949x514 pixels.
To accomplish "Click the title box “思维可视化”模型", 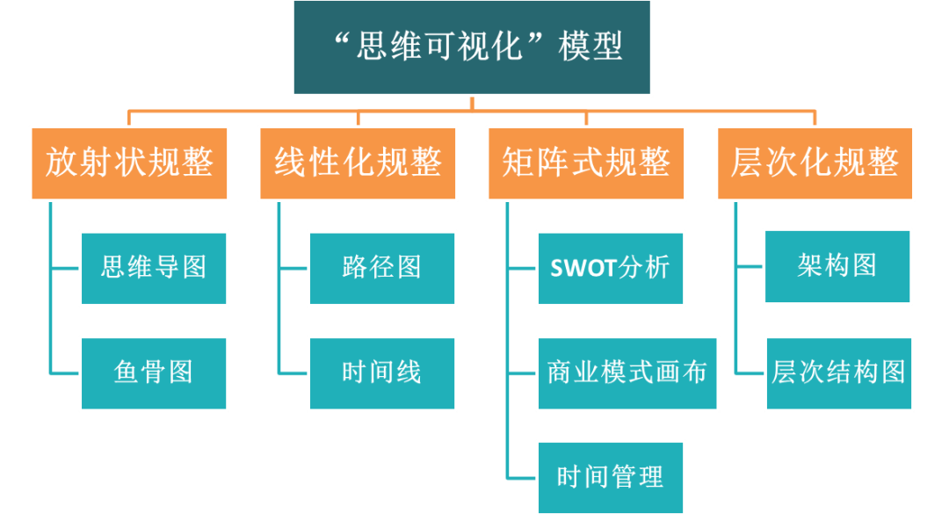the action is (472, 47).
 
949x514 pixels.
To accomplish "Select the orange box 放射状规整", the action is (129, 163).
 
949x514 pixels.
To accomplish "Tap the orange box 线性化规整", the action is (358, 163).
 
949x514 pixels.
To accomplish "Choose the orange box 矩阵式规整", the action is (586, 163).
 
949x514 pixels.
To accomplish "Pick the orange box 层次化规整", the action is (815, 163).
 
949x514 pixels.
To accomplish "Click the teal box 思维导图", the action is (154, 268).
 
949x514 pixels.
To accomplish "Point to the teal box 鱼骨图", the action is (154, 373).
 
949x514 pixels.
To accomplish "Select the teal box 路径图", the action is (382, 268).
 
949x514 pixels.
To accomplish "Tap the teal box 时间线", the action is (382, 373).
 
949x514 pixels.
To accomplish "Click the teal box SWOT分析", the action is (611, 268).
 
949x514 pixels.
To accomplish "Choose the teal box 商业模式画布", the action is (627, 373).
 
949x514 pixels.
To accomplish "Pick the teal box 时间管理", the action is (611, 478).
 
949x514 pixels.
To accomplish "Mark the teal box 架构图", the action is (837, 266).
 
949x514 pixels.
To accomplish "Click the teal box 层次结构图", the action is (839, 373).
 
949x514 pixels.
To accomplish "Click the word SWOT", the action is (583, 269).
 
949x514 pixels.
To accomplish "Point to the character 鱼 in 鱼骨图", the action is (127, 373).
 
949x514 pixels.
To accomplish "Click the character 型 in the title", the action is (607, 47).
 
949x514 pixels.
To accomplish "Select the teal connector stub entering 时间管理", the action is (522, 478).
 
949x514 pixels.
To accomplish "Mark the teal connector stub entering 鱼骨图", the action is (65, 373).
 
